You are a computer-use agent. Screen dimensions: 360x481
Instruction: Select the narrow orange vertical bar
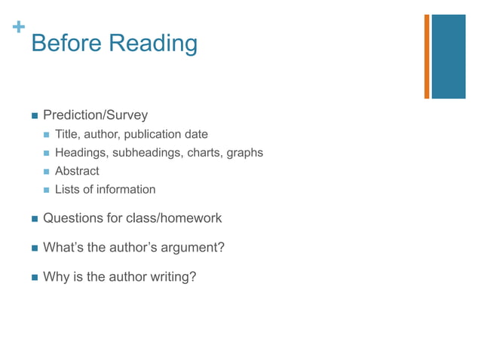427,56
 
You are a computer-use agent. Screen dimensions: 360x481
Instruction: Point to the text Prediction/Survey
95,115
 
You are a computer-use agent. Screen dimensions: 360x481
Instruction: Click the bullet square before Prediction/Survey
34,116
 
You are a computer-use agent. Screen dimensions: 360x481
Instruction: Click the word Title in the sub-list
67,135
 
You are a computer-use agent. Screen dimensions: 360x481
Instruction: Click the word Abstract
77,171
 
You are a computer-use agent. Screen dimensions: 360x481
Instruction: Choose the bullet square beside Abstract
47,172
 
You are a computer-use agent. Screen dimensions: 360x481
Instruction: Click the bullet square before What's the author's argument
34,248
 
